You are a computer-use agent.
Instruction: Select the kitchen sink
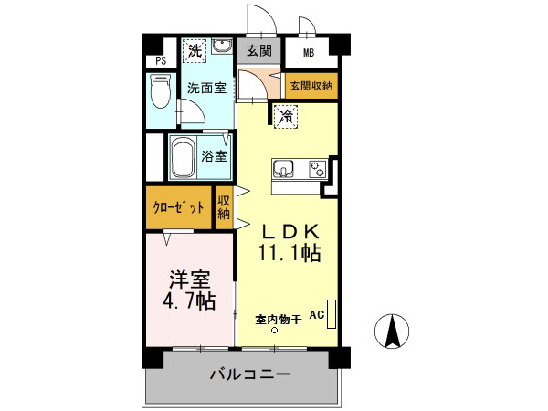click(283, 169)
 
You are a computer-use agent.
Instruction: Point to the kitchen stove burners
click(317, 169)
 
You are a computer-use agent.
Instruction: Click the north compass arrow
click(394, 330)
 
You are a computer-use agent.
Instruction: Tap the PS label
click(161, 61)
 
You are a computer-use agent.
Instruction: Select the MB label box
click(309, 52)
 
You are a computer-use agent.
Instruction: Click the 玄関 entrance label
click(259, 51)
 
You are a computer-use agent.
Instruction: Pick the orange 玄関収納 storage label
click(311, 85)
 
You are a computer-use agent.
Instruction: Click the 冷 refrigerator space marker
click(285, 115)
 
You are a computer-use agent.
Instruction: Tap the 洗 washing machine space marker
click(194, 51)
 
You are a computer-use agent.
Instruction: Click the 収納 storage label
click(225, 207)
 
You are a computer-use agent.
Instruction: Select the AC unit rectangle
click(332, 314)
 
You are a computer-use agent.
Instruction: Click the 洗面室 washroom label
click(206, 88)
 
